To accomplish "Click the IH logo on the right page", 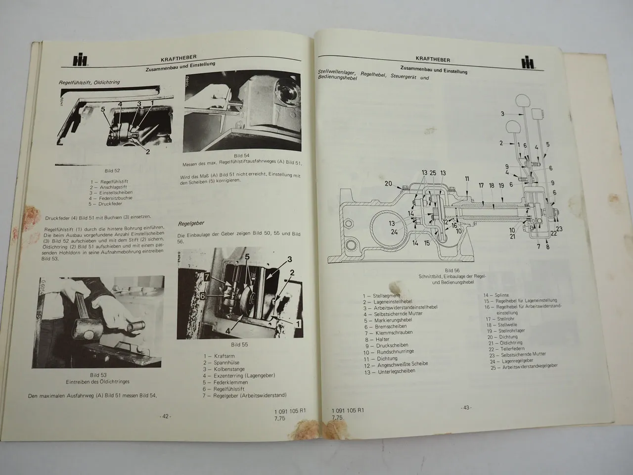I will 532,62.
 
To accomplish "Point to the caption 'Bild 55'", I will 239,344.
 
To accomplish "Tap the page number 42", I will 165,416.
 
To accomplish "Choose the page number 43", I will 465,408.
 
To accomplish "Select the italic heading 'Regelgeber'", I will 191,224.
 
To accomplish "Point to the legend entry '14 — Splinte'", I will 496,295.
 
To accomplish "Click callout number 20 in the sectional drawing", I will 389,184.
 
